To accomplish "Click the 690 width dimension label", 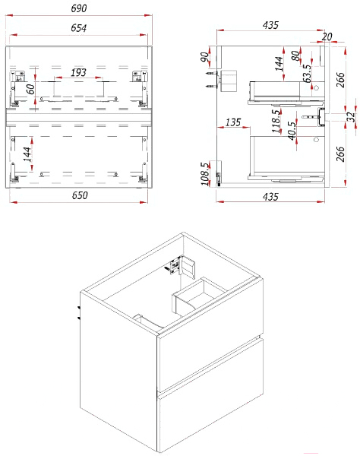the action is point(79,8).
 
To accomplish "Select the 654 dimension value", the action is point(79,28).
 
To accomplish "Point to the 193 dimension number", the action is point(78,72).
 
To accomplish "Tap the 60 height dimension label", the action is point(30,89).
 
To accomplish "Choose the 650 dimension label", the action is point(80,195).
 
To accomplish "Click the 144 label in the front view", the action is point(27,154).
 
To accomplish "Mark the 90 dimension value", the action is point(205,57).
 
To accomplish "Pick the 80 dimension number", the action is point(295,55).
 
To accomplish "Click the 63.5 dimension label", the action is point(307,73).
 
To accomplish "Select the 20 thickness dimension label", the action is point(327,36).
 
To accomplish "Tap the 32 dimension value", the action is point(352,116).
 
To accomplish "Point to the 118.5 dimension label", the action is point(276,121).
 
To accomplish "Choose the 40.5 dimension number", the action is point(292,131).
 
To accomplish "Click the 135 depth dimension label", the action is point(233,122).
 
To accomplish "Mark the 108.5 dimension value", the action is point(205,173).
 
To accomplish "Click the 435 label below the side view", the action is point(270,197).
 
